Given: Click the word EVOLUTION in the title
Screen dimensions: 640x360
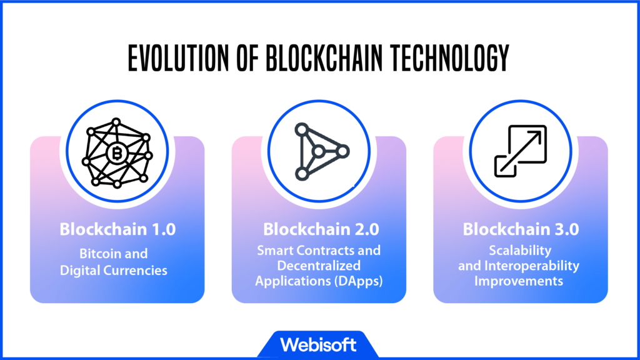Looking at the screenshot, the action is click(178, 58).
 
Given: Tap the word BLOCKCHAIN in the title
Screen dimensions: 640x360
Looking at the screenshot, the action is click(324, 58).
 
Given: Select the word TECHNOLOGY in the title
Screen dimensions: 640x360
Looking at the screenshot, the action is click(449, 58).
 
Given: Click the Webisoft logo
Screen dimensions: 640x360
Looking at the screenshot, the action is click(318, 345).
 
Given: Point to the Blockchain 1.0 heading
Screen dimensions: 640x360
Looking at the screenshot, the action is click(117, 229).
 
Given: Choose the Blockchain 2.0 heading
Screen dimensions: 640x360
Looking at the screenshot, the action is click(321, 229).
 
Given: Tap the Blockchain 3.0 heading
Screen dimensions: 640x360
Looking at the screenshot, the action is click(521, 229).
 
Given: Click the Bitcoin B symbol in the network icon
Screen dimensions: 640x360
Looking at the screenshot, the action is click(117, 154).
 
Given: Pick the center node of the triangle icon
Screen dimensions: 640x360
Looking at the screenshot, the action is click(318, 152).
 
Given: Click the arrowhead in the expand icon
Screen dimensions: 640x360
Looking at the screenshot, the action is click(535, 137).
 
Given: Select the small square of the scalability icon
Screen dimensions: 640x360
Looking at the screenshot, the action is click(505, 166).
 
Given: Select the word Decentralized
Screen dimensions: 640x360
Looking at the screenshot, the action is click(319, 266).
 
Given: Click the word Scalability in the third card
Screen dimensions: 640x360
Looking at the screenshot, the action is click(520, 251).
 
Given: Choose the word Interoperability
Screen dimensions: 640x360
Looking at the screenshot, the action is click(532, 266).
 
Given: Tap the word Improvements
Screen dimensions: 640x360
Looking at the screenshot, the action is click(518, 281).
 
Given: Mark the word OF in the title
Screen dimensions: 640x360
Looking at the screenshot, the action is click(247, 58).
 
